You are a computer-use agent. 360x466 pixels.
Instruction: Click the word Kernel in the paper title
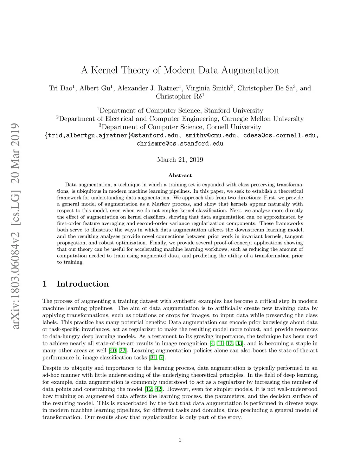click(104, 70)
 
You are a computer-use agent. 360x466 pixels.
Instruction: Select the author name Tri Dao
click(60, 88)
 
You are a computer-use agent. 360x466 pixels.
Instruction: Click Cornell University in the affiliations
click(234, 127)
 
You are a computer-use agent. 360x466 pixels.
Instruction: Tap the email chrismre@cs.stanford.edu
click(180, 143)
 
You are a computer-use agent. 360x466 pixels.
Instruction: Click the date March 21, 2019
click(180, 160)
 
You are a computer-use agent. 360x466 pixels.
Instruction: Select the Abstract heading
click(180, 175)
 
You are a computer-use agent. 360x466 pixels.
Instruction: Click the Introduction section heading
click(83, 284)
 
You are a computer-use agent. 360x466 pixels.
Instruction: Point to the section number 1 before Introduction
click(45, 284)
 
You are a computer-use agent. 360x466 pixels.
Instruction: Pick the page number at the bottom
click(180, 440)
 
